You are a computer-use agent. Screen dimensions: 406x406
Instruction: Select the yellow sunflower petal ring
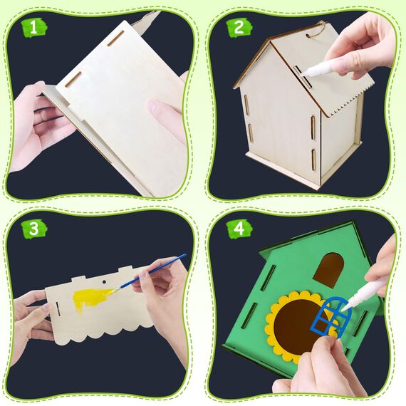[x=275, y=306]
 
